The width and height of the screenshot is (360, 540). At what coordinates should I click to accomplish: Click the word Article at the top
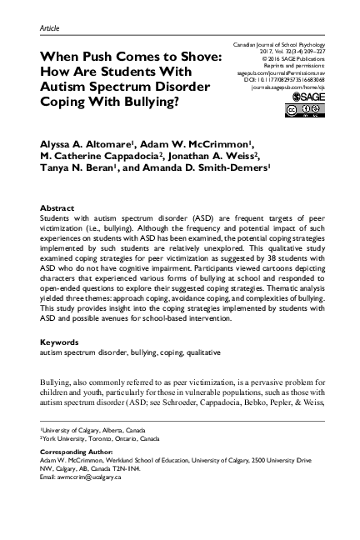coord(50,28)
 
